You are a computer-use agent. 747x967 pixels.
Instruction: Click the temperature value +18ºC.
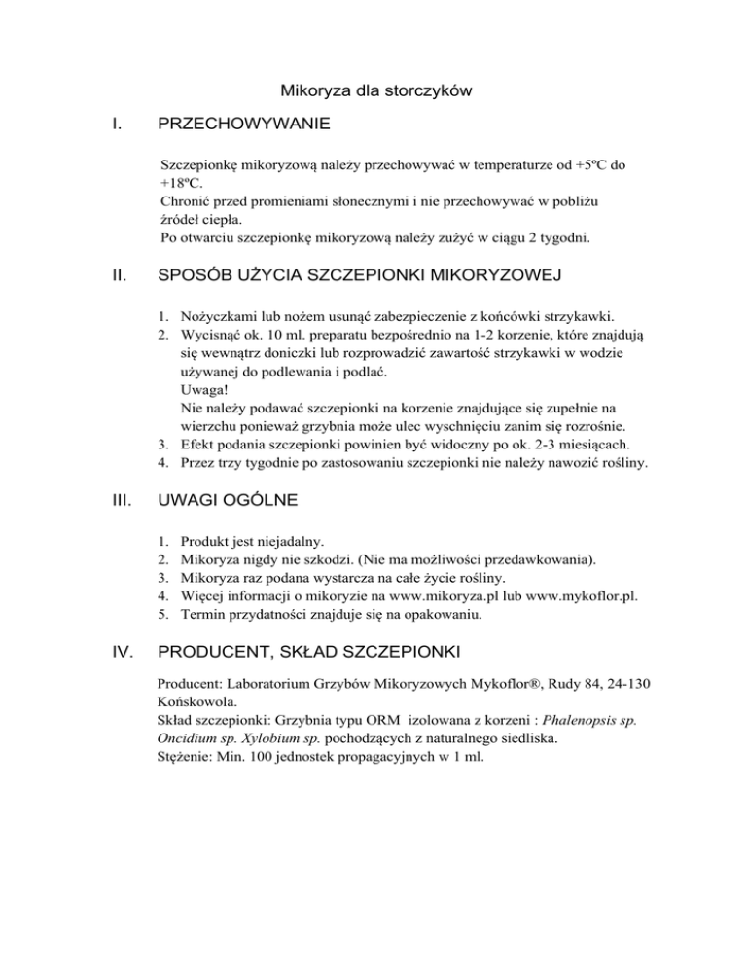click(181, 183)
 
